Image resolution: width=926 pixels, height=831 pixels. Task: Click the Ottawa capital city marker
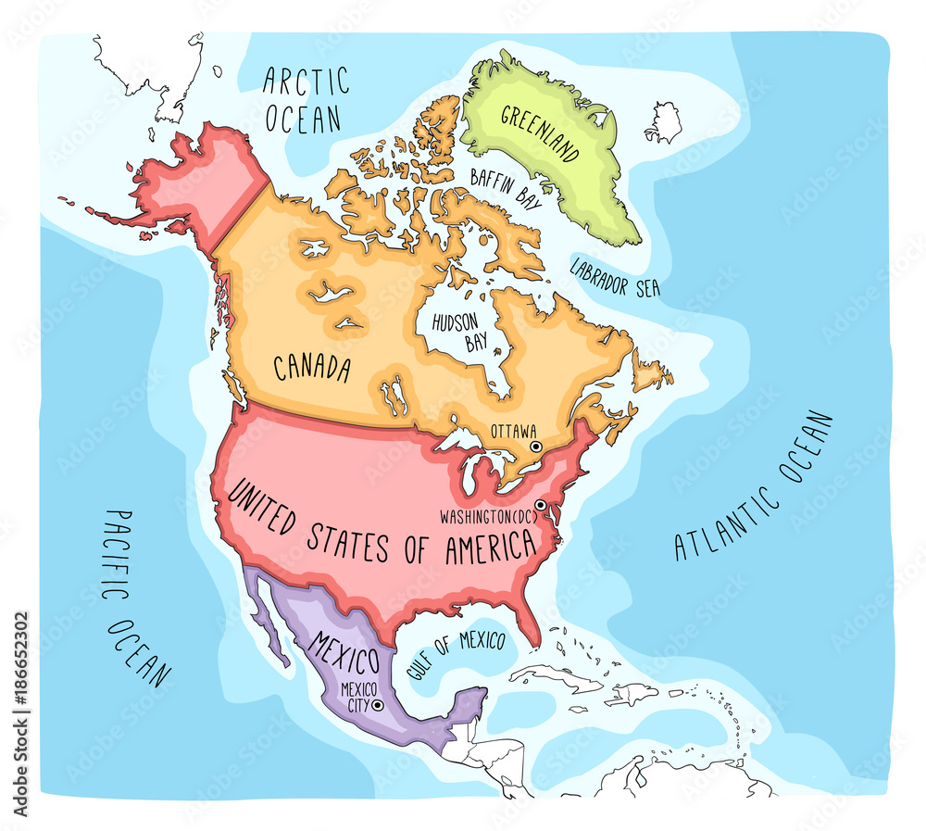535,447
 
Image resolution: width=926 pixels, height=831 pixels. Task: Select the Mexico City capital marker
378,705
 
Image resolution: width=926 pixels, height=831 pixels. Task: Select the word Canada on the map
312,368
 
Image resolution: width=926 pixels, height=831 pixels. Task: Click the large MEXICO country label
344,652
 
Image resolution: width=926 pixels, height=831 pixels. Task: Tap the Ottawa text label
514,431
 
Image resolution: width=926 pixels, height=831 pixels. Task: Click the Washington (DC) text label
487,513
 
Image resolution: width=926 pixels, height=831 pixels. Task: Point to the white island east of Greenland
664,121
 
